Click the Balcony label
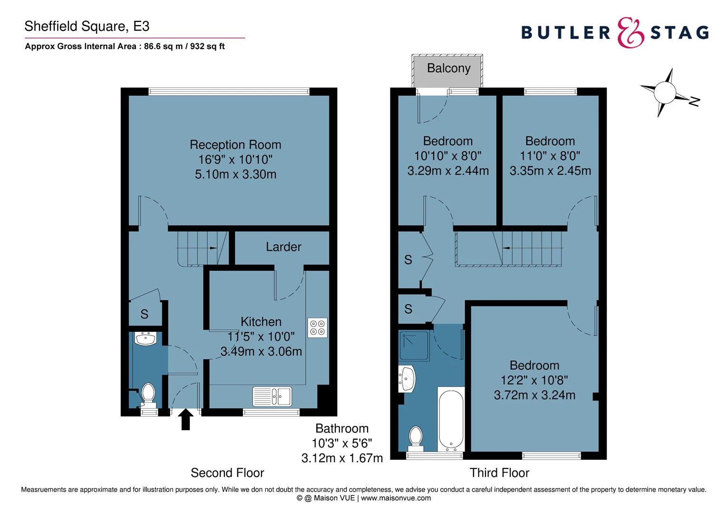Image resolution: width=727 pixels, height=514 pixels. tap(448, 69)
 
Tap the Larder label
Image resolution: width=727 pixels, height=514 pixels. tap(283, 247)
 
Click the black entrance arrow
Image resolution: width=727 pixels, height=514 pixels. tap(185, 420)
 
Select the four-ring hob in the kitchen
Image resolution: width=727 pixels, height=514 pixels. tap(317, 327)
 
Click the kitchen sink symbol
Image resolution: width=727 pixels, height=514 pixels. tap(272, 396)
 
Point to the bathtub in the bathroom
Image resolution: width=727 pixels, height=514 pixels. tap(451, 420)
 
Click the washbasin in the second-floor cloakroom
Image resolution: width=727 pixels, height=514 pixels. tap(145, 339)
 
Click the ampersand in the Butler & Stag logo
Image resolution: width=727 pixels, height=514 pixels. tap(630, 33)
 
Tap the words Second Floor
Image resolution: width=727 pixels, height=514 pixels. tap(227, 473)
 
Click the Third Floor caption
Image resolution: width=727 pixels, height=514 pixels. tap(499, 473)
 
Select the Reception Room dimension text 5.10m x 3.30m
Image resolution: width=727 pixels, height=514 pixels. tap(235, 175)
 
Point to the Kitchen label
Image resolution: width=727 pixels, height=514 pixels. tap(261, 322)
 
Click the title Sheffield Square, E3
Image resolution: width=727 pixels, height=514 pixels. tap(87, 26)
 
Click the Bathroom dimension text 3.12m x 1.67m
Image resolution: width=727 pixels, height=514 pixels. tap(342, 458)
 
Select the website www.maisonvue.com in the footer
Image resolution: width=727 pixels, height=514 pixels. tap(396, 498)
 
